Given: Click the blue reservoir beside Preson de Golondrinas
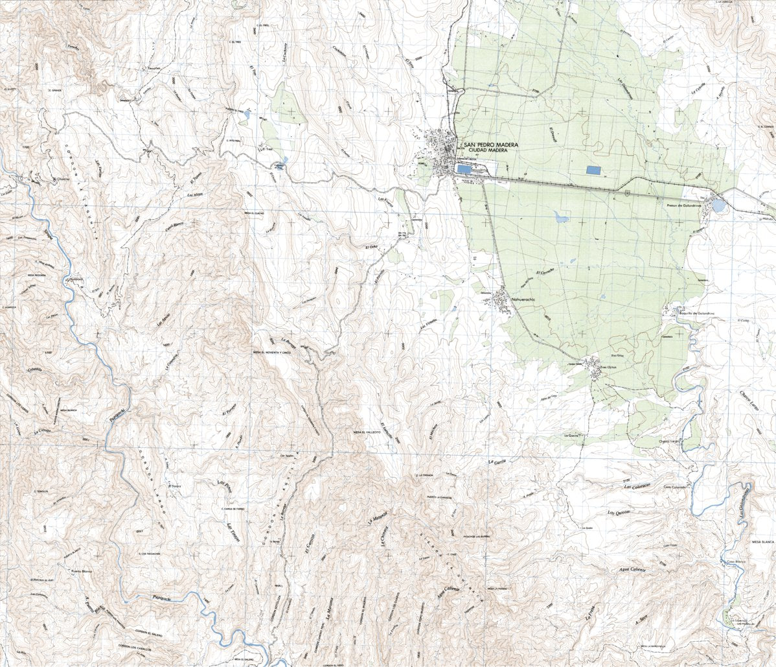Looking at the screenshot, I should point(718,206).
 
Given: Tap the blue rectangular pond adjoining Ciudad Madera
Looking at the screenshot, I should point(464,169).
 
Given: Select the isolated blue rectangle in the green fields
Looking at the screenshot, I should point(593,170).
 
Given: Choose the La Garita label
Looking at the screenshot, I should point(496,462).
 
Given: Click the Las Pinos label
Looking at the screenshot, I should point(224,486).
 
